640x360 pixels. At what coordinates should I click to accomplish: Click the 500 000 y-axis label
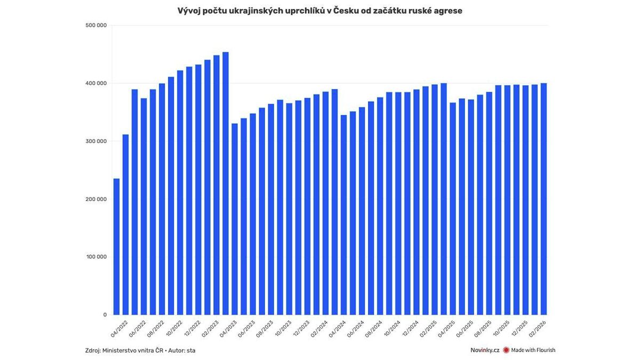[96, 25]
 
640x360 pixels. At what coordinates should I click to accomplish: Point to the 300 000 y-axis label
[96, 141]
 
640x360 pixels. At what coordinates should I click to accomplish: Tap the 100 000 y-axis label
[96, 257]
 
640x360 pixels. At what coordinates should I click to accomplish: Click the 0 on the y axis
[105, 315]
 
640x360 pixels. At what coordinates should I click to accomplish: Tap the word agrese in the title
[447, 11]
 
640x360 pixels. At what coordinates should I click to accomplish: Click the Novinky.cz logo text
[485, 350]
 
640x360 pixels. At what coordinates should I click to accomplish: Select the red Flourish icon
[506, 350]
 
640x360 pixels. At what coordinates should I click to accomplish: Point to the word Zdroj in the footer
[92, 350]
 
